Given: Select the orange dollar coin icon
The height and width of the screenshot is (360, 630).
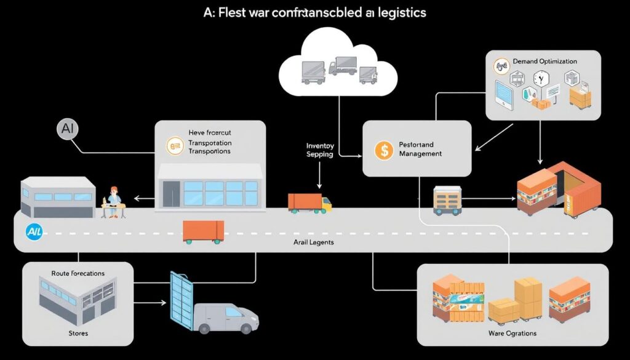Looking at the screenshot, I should [x=383, y=150].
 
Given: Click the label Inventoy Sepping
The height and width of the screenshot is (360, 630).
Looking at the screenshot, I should [x=320, y=150].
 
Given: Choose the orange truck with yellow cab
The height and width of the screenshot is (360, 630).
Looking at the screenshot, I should [x=309, y=202].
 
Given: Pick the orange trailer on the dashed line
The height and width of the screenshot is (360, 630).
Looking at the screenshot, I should [x=203, y=232].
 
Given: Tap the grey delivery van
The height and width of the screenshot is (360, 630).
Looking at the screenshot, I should [x=225, y=317].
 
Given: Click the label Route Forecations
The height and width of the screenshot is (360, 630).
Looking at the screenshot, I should [x=78, y=273].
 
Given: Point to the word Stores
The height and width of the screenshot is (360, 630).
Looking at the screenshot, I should [x=78, y=333].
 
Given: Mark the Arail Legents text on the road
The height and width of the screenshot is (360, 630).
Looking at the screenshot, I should [x=314, y=243].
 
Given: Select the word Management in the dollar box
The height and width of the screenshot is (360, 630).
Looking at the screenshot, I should [x=420, y=153].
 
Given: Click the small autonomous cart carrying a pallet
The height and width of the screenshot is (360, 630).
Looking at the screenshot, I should [x=447, y=200].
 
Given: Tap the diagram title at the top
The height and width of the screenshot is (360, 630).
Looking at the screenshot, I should [x=315, y=12].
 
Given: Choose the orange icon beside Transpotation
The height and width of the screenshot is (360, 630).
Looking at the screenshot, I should [x=175, y=145].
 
